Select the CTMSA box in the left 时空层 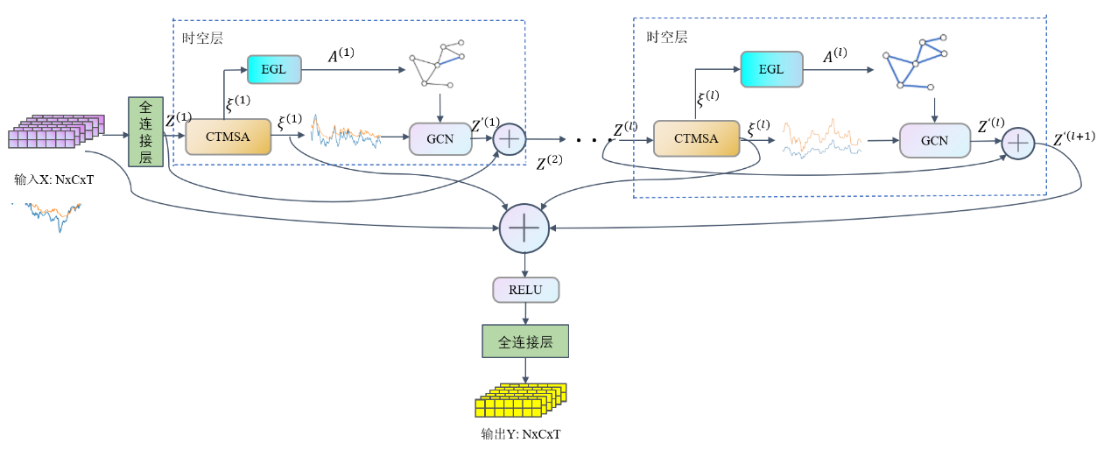click(x=228, y=137)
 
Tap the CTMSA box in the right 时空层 click(x=696, y=138)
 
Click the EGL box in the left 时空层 click(x=274, y=68)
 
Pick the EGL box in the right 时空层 click(x=770, y=69)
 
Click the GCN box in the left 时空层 click(x=439, y=138)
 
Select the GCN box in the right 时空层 click(x=934, y=140)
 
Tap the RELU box click(x=525, y=289)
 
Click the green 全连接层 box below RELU click(x=525, y=341)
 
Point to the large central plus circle click(x=524, y=229)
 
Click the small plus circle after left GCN click(x=509, y=138)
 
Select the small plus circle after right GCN click(x=1017, y=142)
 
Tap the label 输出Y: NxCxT click(x=520, y=434)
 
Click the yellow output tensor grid click(x=520, y=400)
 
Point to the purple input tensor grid click(x=55, y=132)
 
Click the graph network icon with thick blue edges click(x=915, y=63)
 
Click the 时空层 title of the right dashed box click(x=666, y=38)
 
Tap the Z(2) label click(x=550, y=164)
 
